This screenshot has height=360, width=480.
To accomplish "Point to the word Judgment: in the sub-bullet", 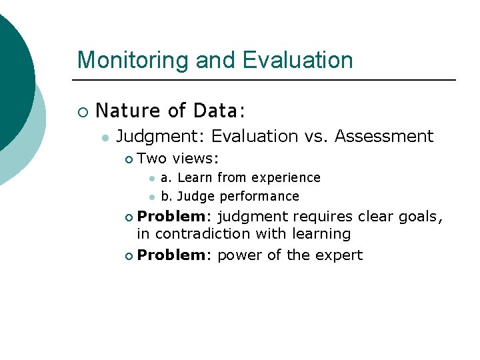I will [x=161, y=137].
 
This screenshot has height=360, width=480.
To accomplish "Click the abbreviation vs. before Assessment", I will [x=317, y=137].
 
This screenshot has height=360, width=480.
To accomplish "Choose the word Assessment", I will [x=384, y=137].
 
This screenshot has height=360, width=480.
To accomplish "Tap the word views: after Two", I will [x=196, y=159].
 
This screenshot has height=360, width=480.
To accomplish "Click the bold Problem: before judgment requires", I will [x=175, y=216].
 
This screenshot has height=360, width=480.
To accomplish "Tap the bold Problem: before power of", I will [x=175, y=255].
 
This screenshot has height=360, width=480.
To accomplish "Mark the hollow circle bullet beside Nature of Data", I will [x=82, y=111].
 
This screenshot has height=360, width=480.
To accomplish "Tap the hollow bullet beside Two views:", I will [x=129, y=159].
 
